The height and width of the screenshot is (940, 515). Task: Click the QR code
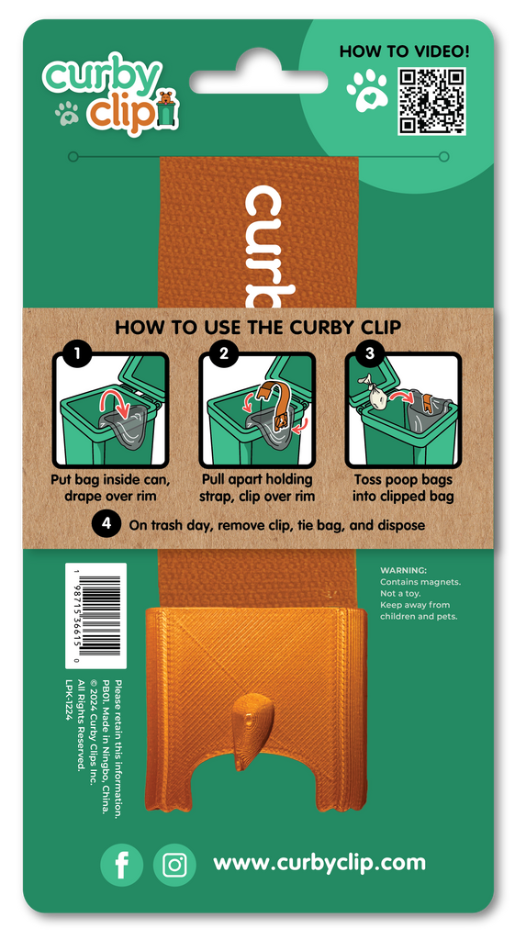(x=431, y=101)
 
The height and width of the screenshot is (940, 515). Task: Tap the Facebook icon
(x=122, y=865)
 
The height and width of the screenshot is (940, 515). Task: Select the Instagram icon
(x=174, y=865)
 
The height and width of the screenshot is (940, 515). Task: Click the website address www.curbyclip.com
(x=319, y=863)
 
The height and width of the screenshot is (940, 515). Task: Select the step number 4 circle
(x=106, y=523)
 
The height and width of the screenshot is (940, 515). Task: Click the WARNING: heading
(x=403, y=570)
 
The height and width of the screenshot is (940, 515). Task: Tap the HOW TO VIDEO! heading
(x=404, y=51)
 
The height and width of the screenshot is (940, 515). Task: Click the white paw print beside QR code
(x=367, y=91)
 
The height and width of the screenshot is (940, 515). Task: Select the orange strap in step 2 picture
(x=275, y=405)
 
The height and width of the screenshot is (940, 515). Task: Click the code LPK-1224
(x=69, y=700)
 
